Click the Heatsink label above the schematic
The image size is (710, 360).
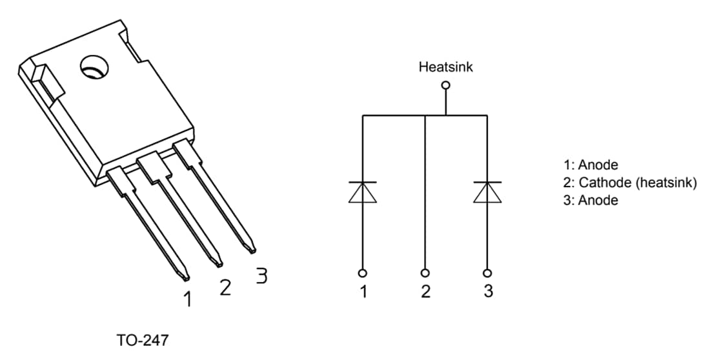coord(445,66)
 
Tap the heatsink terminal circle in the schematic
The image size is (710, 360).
coord(445,85)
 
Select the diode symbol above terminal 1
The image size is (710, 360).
coord(363,192)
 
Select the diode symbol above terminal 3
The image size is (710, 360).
coord(487,192)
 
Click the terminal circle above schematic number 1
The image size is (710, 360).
coord(363,272)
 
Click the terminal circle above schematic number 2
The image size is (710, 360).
coord(425,272)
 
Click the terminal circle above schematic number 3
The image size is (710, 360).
coord(487,272)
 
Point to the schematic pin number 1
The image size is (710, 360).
coord(363,292)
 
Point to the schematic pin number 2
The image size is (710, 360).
coord(425,292)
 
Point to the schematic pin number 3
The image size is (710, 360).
coord(488,292)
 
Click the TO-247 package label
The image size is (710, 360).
coord(143,340)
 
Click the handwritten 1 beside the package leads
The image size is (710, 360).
coord(188,299)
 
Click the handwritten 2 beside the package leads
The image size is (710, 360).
coord(225,287)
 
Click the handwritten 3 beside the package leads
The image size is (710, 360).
coord(261,276)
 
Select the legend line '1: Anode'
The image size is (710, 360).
coord(591,165)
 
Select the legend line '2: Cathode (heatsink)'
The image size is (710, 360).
coord(630,183)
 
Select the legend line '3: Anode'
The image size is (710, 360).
coord(591,200)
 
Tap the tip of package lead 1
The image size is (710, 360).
coord(185,277)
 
